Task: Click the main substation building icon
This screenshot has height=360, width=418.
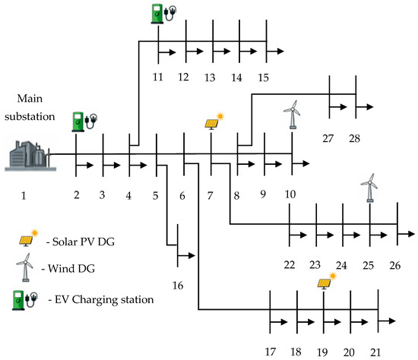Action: coord(30,156)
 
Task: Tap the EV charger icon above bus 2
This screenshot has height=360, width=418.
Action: coord(84,122)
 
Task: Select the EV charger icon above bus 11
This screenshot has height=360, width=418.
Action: coord(163,14)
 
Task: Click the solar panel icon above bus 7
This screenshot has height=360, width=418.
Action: coord(214,122)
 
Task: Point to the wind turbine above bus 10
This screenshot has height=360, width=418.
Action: coord(293,115)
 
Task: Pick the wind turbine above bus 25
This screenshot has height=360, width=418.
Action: coord(369,188)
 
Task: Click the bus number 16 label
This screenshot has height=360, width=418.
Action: coord(178,286)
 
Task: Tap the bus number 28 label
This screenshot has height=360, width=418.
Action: coord(355,138)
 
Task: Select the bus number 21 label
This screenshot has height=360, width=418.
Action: coord(375,352)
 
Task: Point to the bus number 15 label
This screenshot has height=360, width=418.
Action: coord(263,77)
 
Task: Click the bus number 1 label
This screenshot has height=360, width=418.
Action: coord(24,196)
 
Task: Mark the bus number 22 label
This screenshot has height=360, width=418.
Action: coord(290,265)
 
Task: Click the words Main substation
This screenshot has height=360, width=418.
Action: coord(30,107)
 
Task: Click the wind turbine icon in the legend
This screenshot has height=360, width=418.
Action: coord(25,267)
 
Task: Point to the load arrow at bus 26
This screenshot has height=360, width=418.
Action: coord(406,234)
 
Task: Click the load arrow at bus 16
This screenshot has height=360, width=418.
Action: coord(186,255)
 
